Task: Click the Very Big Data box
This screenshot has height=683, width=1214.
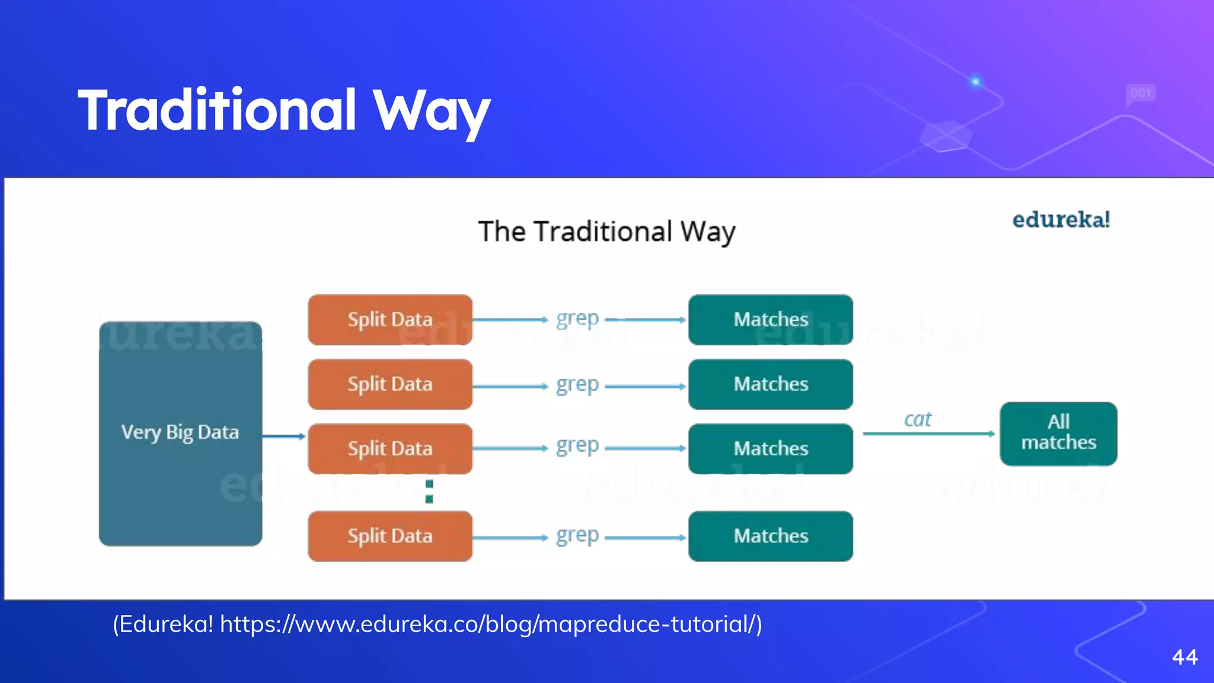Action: [180, 433]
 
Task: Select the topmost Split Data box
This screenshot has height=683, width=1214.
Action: [390, 320]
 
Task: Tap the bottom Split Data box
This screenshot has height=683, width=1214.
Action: [390, 536]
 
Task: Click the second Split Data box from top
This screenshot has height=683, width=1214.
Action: [390, 384]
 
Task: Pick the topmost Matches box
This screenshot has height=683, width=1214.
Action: [771, 320]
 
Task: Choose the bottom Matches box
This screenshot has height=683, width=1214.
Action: [771, 536]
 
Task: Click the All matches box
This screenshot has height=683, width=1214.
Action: [1058, 433]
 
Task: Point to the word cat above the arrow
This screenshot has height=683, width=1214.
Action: [918, 419]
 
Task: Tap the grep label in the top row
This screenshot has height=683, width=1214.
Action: [577, 320]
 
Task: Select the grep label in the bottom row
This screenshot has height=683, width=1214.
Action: [577, 536]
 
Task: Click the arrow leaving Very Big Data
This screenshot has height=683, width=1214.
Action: [284, 436]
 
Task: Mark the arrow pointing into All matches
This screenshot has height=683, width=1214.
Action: [928, 434]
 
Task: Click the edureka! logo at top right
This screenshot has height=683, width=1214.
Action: [1060, 220]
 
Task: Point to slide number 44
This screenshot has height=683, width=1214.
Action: [1184, 657]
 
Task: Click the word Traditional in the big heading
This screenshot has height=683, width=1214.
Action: [217, 110]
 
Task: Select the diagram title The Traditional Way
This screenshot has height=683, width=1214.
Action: [606, 231]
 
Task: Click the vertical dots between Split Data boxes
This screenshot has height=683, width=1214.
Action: [430, 492]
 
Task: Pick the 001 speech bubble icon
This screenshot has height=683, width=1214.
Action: [1140, 94]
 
